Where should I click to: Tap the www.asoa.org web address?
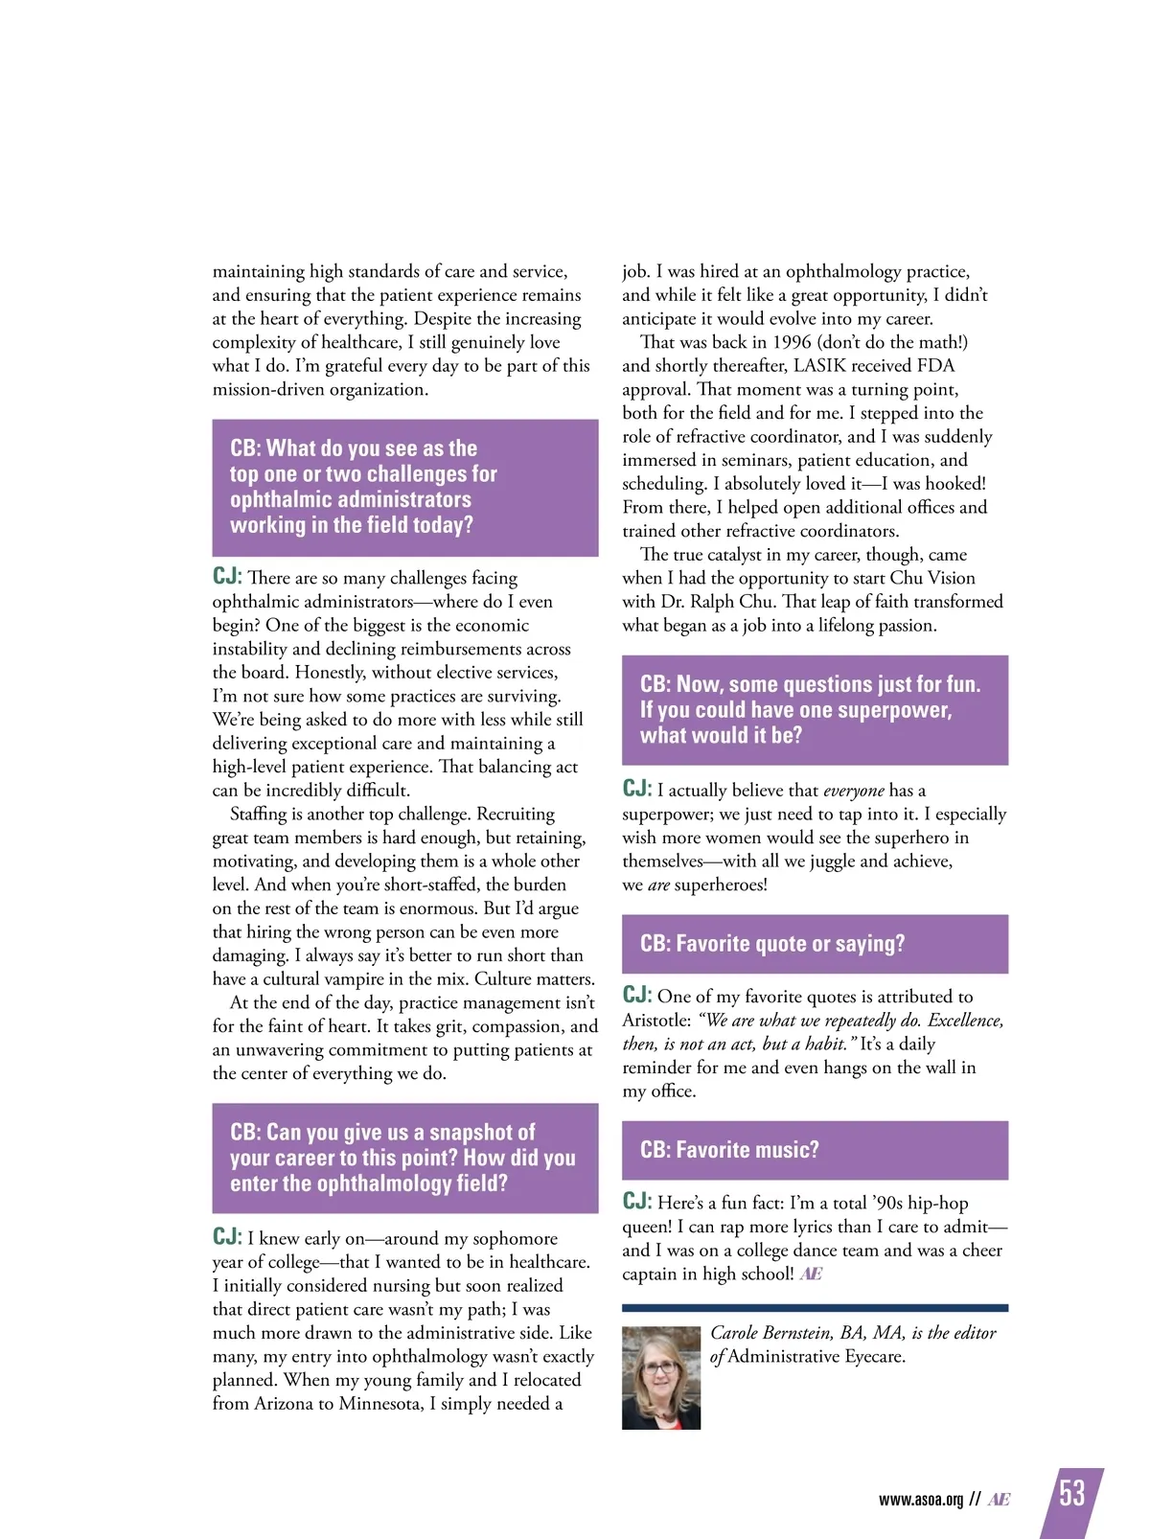point(920,1500)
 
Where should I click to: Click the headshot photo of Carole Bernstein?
point(661,1378)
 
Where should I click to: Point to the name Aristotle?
point(655,1021)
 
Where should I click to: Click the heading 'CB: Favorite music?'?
point(729,1150)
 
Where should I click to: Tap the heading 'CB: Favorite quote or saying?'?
point(772,944)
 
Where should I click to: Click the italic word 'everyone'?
point(853,791)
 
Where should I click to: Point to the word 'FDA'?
point(931,366)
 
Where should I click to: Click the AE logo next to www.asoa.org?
point(999,1500)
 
